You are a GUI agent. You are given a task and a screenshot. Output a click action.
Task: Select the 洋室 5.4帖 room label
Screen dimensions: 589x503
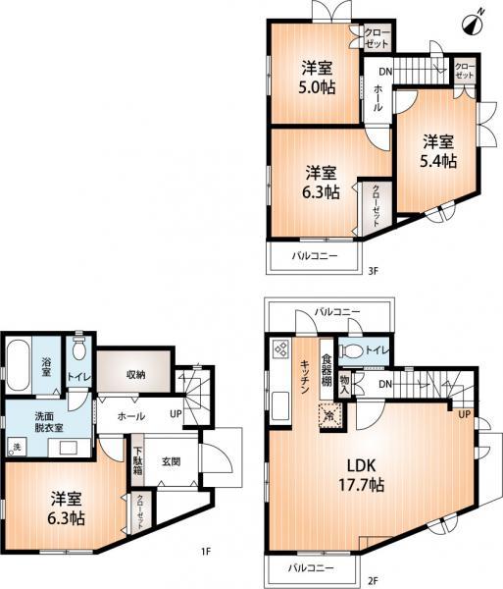438,149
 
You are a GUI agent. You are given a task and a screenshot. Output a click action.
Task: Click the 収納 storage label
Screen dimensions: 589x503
135,374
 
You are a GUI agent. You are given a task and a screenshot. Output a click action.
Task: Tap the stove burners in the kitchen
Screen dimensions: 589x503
279,349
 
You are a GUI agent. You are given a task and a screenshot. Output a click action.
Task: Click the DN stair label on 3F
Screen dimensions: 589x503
385,72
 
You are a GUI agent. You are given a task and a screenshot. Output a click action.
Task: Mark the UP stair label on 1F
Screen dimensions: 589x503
176,413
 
